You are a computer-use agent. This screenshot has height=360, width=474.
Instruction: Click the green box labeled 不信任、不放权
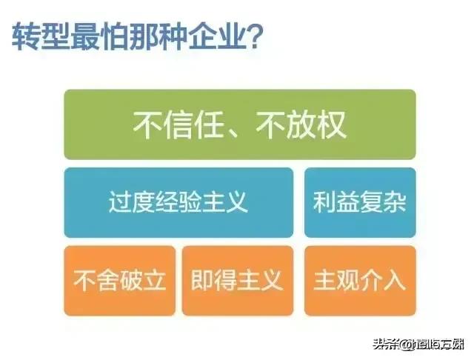point(239,124)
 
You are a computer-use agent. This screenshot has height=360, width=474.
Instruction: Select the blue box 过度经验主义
point(178,201)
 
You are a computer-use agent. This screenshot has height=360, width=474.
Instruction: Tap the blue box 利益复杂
point(360,201)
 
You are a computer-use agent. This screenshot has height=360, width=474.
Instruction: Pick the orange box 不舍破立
point(119,280)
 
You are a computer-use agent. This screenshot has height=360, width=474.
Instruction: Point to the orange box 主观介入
point(360,280)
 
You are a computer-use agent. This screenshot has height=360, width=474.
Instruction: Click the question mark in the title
point(250,36)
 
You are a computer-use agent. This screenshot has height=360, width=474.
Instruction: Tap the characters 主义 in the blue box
point(227,201)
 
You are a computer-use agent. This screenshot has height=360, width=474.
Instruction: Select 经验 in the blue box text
point(178,201)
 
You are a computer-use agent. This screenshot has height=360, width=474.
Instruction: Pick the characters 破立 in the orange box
point(142,280)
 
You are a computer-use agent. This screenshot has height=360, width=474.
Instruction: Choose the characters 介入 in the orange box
point(383,280)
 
